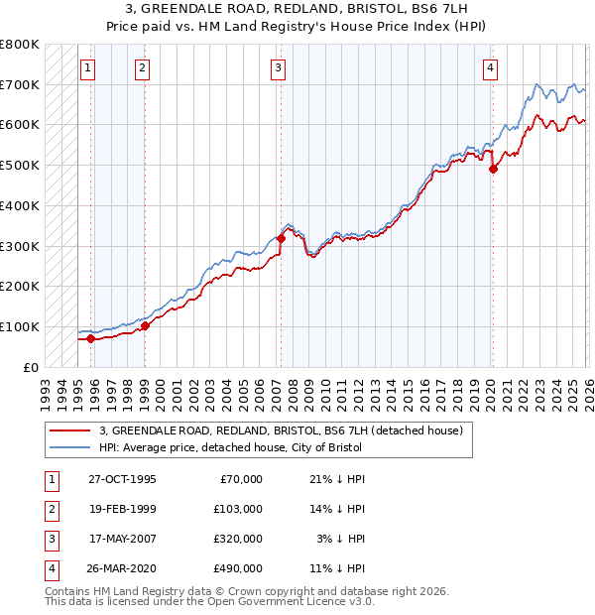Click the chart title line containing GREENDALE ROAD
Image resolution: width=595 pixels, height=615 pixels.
(297, 9)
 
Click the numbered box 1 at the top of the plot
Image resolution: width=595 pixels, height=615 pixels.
(88, 67)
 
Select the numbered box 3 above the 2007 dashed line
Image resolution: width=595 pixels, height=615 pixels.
(278, 67)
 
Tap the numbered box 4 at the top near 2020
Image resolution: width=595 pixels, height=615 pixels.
(491, 67)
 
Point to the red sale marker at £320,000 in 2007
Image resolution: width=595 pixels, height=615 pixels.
(281, 238)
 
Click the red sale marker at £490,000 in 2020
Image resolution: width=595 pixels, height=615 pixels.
(493, 169)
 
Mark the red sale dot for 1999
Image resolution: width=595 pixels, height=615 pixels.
(145, 324)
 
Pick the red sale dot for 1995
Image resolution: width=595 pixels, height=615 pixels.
(90, 338)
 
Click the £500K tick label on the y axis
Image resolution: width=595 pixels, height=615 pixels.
(20, 165)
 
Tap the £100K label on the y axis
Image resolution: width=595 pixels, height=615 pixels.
(20, 326)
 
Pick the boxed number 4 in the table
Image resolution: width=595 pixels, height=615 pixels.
(50, 570)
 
